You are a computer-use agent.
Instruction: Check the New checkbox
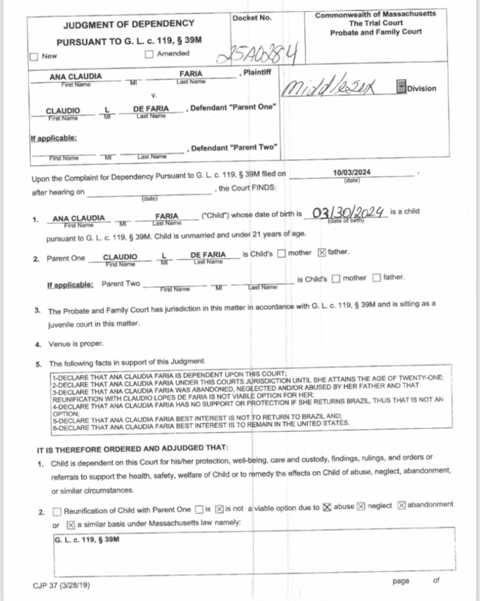[x=34, y=57]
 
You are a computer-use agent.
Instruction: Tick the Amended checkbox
[x=149, y=55]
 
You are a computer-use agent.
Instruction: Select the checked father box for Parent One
[x=321, y=253]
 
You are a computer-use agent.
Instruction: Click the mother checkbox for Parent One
[x=281, y=254]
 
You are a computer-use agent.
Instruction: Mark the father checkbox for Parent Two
[x=377, y=278]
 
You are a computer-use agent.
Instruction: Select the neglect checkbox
[x=361, y=507]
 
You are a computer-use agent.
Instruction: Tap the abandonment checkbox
[x=402, y=506]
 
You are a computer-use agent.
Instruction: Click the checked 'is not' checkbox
[x=218, y=508]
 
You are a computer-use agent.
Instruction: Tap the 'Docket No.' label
[x=252, y=18]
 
